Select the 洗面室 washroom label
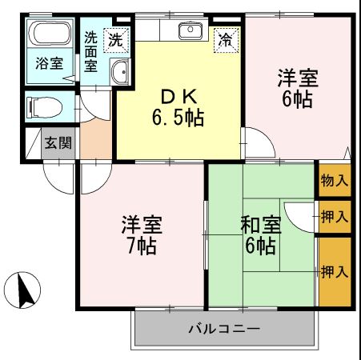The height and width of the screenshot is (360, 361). coord(91,52)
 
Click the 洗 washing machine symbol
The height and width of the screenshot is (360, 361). coord(117,38)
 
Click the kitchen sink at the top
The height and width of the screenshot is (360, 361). coord(191,32)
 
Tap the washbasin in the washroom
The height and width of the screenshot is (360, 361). coord(120,71)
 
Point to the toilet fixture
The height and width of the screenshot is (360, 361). coord(45,106)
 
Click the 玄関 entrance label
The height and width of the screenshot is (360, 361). coord(58,144)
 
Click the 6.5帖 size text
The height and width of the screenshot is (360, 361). coord(179,119)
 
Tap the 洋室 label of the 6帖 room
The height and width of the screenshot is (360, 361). coord(298,78)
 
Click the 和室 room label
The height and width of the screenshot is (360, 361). coord(260,224)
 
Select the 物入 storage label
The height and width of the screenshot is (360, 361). coord(334,181)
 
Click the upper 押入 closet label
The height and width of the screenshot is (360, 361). coord(334,216)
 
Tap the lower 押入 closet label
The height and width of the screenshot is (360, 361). coord(334,272)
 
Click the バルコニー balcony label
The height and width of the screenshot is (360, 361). coord(224,329)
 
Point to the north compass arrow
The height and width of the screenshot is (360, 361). coord(25,289)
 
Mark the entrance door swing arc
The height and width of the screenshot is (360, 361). coord(58,174)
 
